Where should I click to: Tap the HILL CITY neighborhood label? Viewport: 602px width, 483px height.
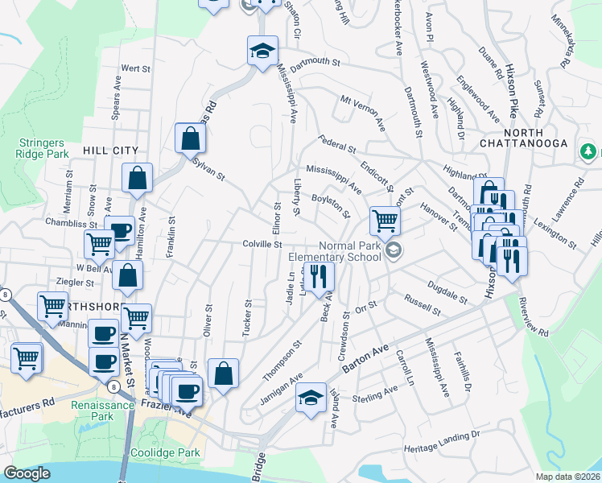[x=110, y=151]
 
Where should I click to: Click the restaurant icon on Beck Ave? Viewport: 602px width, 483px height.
[x=320, y=275]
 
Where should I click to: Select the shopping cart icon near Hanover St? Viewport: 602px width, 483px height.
[x=386, y=219]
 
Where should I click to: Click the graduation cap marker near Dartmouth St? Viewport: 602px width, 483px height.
[x=262, y=51]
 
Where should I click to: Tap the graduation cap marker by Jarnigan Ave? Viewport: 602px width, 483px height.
[x=311, y=397]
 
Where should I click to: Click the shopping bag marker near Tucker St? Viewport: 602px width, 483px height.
[x=223, y=373]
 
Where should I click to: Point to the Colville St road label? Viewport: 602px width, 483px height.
[x=262, y=244]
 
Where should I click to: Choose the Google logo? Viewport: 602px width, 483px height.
[x=27, y=473]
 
